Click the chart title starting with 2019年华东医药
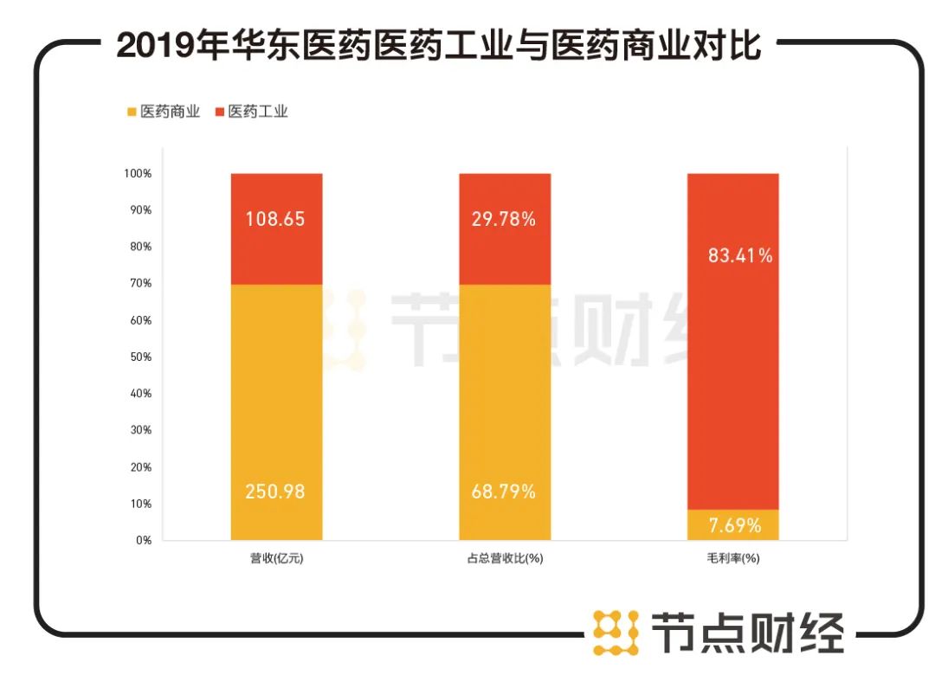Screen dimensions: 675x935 [439, 45]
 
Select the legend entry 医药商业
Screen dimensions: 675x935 [164, 112]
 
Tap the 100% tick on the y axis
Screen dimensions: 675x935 [137, 174]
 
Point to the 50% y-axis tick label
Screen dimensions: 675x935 [139, 357]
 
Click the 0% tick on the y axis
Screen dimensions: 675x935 [143, 540]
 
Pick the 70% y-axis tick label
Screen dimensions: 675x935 [139, 283]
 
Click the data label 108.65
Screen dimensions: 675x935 [276, 219]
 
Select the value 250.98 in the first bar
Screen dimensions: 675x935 [276, 492]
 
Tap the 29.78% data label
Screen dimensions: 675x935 [505, 219]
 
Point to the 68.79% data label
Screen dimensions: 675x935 [505, 492]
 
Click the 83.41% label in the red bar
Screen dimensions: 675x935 [733, 256]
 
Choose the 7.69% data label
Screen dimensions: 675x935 [733, 525]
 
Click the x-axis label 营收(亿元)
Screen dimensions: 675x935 [276, 559]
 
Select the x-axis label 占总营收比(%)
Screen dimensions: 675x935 [505, 559]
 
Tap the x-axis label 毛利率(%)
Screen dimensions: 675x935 [733, 559]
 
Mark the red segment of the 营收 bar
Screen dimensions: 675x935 [276, 251]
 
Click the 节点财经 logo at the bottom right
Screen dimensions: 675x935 [719, 631]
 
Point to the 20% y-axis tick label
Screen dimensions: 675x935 [139, 466]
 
